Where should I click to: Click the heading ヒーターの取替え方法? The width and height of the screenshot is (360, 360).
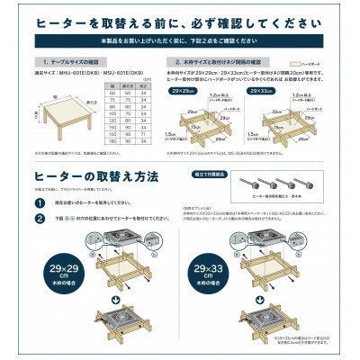tap(92, 178)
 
